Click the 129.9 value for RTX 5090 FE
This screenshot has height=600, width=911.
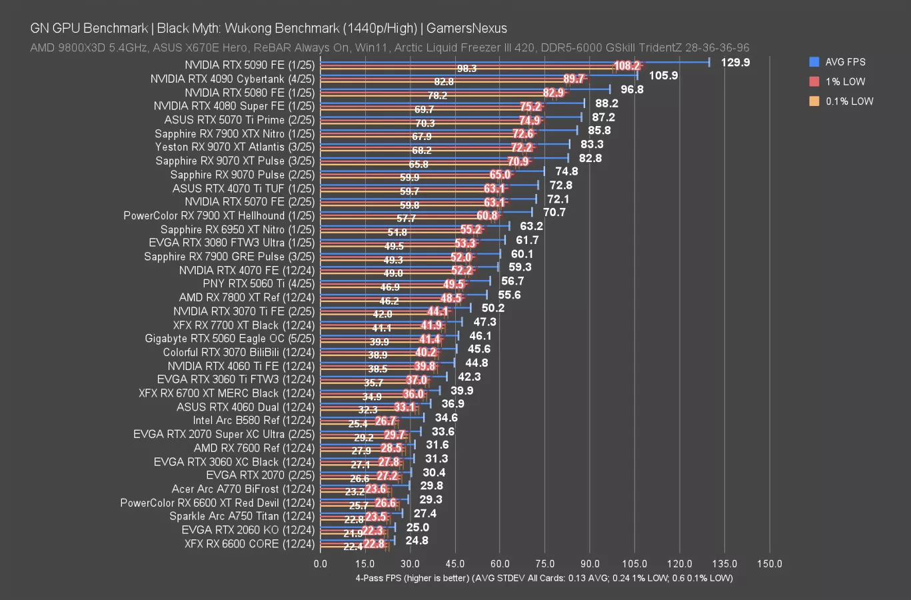tap(735, 62)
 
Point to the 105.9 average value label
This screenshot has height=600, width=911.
tap(663, 75)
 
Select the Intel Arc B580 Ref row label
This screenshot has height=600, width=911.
tap(253, 421)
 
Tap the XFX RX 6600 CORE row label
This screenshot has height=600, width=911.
tap(249, 544)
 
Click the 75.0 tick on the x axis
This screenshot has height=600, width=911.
tap(544, 564)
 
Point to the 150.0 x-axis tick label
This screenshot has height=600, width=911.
tap(770, 564)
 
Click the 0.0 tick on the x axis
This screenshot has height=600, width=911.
tap(321, 564)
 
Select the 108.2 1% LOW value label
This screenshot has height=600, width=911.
tap(627, 66)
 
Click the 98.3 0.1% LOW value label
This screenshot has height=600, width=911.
tap(466, 69)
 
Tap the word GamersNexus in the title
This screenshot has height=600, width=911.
tap(466, 29)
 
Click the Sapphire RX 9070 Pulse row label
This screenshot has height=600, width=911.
tap(242, 175)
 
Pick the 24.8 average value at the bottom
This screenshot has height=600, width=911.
tap(417, 541)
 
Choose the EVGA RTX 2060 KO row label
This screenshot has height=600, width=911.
tap(248, 530)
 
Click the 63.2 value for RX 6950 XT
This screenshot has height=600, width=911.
tap(531, 226)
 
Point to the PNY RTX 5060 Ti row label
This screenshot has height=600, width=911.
tap(259, 284)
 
